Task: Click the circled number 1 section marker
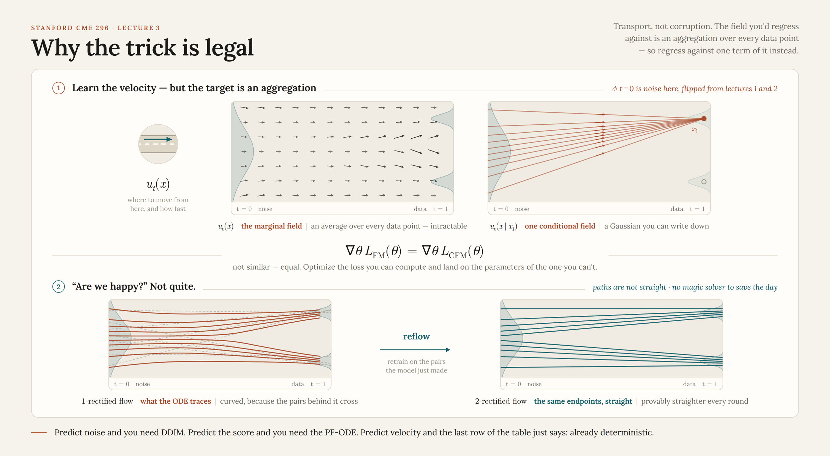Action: coord(59,88)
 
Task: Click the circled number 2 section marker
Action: coord(59,287)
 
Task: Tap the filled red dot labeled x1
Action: coord(704,119)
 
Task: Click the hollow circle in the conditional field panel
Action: coord(704,182)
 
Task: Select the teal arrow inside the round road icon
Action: coord(158,139)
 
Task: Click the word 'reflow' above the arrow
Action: coord(416,336)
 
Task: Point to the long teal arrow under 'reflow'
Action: coord(415,350)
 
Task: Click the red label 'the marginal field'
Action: coord(272,226)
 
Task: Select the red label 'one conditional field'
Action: coord(560,226)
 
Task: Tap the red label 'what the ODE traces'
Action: coord(176,401)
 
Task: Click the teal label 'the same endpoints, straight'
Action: coord(583,401)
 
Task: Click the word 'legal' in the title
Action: coord(229,48)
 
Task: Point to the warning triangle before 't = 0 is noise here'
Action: coord(615,89)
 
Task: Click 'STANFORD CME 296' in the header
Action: coord(70,28)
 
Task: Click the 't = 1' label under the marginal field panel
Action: coord(441,209)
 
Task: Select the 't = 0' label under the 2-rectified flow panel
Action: coord(513,384)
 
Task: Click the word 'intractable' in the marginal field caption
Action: coord(449,226)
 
